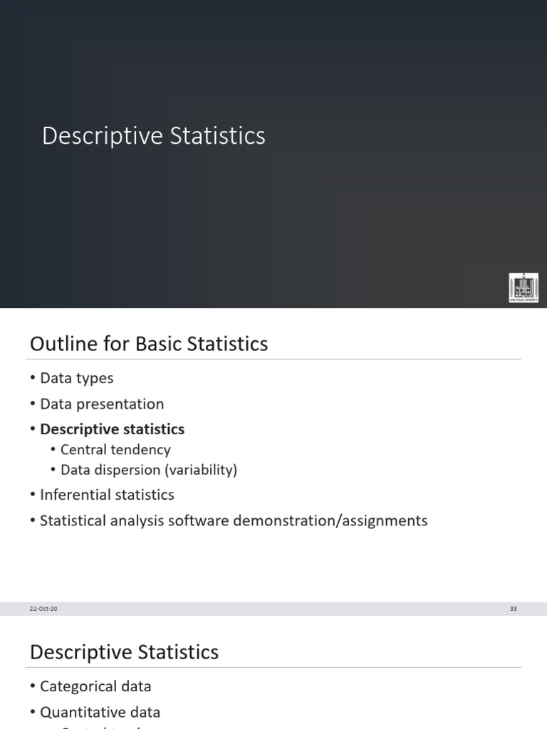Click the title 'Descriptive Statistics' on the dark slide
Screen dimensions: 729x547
[153, 136]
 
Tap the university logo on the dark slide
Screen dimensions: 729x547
[523, 288]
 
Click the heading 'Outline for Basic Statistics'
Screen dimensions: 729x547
[149, 345]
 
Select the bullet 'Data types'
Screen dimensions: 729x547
[76, 378]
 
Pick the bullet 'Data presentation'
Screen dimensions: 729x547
[102, 404]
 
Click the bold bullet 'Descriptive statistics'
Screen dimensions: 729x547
[112, 429]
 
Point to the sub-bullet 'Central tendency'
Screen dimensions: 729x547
[115, 450]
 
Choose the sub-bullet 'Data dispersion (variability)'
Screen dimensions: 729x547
[149, 470]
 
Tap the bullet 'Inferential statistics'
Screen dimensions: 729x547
[107, 495]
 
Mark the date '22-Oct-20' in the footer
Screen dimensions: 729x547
[43, 609]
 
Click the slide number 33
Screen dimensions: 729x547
[513, 609]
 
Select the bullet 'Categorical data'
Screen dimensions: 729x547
[95, 686]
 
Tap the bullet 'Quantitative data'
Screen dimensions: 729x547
[100, 712]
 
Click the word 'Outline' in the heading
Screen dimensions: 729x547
[56, 345]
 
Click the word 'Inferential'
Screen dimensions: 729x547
[73, 495]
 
